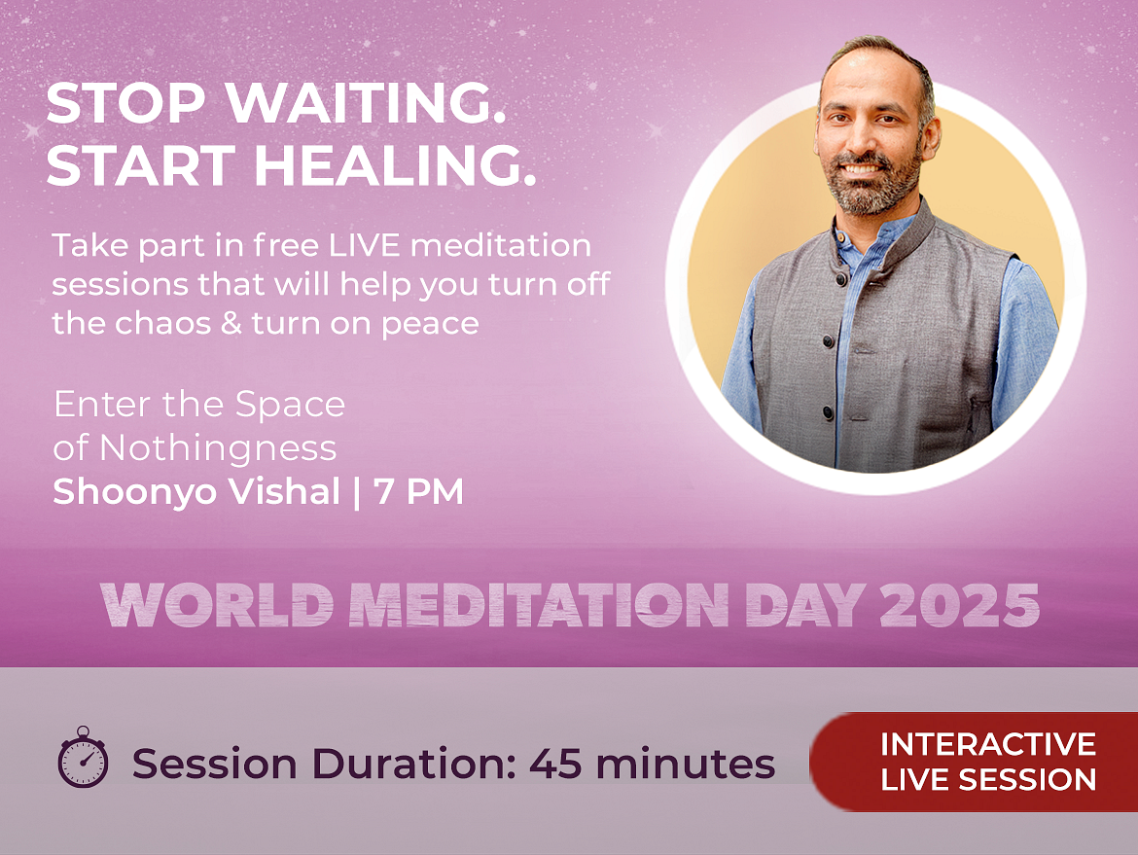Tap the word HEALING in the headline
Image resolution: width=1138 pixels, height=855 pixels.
395,165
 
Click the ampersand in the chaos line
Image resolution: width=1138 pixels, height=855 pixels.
231,323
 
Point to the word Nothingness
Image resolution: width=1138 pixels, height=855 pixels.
218,448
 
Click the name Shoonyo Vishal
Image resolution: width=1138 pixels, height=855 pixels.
196,491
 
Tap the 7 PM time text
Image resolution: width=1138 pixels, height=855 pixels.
418,491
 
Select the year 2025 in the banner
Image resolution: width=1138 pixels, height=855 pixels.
959,605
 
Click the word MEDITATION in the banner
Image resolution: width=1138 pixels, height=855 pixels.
538,605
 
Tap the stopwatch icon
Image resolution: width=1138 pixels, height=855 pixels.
83,757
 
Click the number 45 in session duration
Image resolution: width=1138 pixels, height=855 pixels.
555,765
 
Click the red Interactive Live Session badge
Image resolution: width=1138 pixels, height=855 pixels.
974,762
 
